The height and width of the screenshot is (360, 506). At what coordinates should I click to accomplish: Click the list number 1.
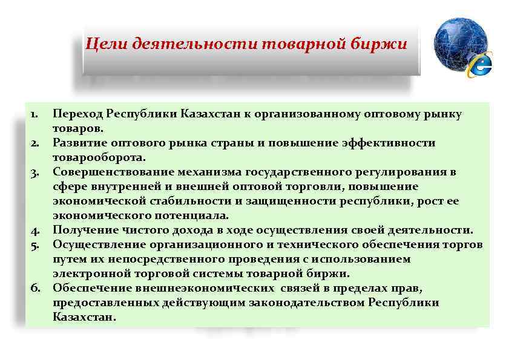coord(35,114)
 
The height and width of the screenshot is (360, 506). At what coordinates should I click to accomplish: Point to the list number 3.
coord(34,172)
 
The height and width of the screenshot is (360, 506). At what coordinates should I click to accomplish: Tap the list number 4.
coord(34,231)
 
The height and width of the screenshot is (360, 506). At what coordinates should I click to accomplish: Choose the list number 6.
coord(34,289)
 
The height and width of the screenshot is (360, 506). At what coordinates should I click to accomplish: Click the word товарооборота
coord(99,158)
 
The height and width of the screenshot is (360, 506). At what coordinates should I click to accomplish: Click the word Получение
coord(82,231)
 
